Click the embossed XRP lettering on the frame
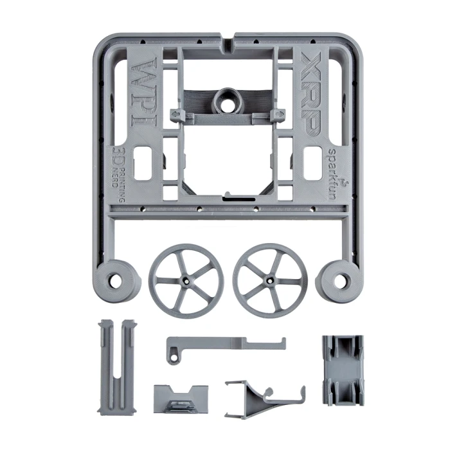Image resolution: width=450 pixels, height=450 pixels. point(310,94)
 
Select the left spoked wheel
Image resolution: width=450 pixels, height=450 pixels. point(186,281)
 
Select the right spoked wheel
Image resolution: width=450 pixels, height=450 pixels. point(270,281)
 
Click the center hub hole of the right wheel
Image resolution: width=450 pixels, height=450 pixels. point(269,280)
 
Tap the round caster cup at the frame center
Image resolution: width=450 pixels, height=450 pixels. point(228,100)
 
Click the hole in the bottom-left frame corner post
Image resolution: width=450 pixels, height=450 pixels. point(114,280)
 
